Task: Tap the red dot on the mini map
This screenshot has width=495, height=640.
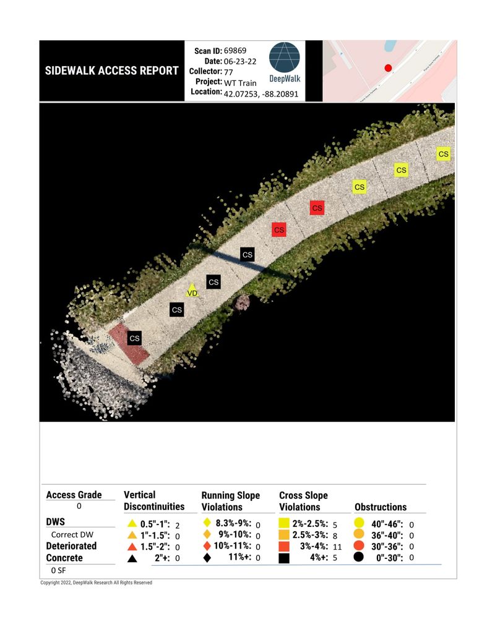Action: pos(388,68)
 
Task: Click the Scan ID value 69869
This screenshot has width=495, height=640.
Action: pos(236,50)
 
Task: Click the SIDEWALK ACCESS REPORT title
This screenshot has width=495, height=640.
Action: pos(112,70)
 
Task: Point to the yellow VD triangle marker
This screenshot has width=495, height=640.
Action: pos(192,291)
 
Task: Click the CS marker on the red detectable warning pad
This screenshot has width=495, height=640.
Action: pos(134,338)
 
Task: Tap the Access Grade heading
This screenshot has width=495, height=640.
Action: pos(74,495)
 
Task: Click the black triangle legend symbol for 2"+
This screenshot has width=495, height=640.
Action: pos(132,558)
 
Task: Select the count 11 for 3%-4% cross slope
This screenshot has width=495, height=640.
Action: pos(338,547)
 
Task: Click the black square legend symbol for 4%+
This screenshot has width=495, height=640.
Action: pos(285,558)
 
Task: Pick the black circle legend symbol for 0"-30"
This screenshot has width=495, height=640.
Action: pos(359,558)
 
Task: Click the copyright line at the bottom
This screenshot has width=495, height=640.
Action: pos(96,583)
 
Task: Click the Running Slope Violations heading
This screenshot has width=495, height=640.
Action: pos(231,501)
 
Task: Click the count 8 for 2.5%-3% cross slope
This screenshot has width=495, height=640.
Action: pos(335,535)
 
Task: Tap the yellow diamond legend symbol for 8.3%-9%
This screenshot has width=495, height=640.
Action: pos(208,524)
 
